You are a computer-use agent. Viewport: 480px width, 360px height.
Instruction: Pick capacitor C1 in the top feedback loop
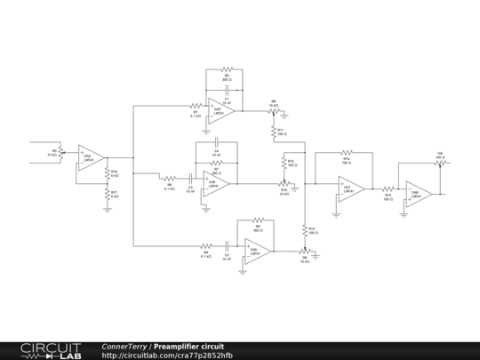click(227, 91)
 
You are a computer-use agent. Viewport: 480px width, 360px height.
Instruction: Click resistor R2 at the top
click(226, 69)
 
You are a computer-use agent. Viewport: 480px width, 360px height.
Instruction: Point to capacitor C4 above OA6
click(215, 144)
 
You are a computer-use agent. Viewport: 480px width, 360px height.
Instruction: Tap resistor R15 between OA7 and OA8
click(388, 188)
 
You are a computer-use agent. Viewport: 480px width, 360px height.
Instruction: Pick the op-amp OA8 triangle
click(418, 193)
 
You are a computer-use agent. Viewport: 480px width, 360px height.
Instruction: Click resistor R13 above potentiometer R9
click(305, 230)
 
